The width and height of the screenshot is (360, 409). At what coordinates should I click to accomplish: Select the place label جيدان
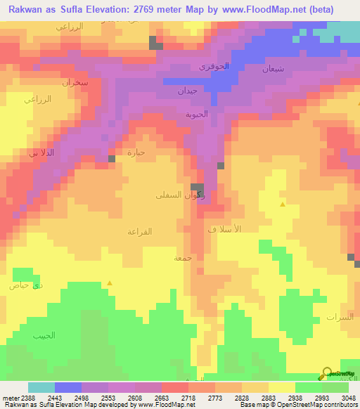[x=187, y=91]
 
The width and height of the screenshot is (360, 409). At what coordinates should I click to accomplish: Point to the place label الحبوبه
[x=197, y=114]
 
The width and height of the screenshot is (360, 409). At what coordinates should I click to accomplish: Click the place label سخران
[x=75, y=82]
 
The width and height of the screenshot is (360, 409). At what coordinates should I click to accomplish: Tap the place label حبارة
[x=135, y=152]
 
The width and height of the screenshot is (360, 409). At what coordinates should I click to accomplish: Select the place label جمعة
[x=183, y=258]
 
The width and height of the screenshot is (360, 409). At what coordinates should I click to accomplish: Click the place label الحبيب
[x=44, y=335]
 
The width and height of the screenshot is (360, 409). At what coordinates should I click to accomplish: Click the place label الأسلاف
[x=225, y=230]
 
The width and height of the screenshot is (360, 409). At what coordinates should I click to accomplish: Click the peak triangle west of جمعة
[x=109, y=283]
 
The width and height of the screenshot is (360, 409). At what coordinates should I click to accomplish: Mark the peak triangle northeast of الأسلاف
[x=283, y=204]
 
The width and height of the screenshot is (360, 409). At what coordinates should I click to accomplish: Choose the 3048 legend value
[x=348, y=398]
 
